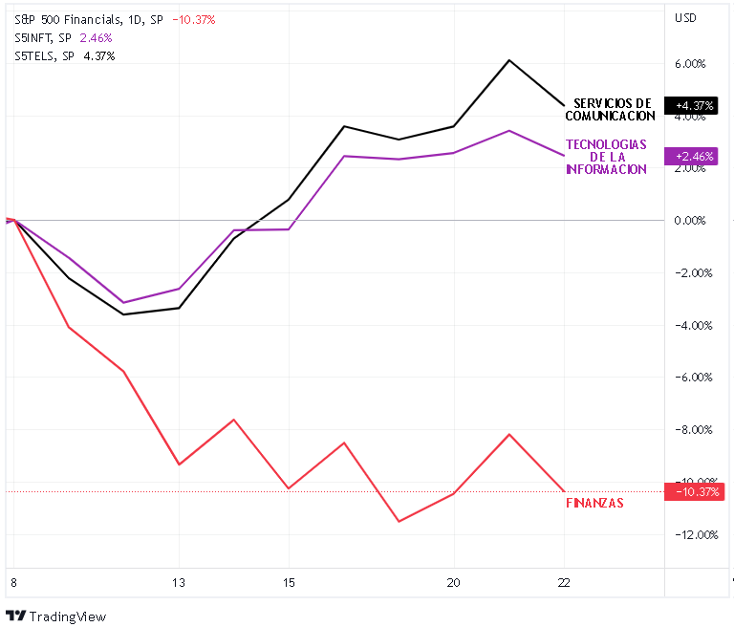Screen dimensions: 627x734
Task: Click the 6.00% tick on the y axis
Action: [690, 64]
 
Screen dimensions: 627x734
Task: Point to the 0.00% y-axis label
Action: [690, 221]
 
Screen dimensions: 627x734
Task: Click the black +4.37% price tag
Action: [694, 105]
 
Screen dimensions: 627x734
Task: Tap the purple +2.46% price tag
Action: [694, 156]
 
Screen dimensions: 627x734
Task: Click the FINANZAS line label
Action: [594, 503]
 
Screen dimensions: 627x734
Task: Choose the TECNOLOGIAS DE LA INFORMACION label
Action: [606, 157]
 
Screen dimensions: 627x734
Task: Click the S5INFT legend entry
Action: [63, 37]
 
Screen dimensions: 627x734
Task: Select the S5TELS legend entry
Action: [65, 55]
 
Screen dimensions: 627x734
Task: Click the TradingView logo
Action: [56, 616]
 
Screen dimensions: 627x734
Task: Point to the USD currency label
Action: [685, 18]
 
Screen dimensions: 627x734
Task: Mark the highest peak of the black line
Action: [508, 60]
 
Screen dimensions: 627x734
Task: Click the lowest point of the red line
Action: [398, 521]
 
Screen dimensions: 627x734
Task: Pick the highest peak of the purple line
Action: [508, 130]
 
